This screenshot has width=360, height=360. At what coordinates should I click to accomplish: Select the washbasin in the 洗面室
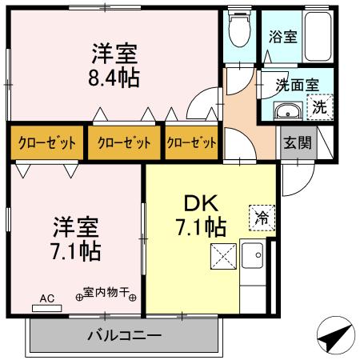(x=288, y=110)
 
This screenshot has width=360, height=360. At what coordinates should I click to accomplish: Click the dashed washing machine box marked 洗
(x=320, y=107)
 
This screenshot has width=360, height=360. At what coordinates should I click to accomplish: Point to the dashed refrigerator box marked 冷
(x=262, y=218)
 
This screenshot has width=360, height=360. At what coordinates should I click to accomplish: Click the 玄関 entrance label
(x=298, y=142)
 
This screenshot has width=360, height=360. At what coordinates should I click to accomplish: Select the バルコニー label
(x=124, y=335)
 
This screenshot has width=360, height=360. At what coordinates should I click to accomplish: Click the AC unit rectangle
(x=47, y=308)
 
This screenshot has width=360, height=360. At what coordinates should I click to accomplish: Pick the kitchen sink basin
(x=252, y=255)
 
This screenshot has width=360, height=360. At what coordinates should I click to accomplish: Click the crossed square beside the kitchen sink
(x=223, y=256)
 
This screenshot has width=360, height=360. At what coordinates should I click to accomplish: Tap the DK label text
(x=201, y=204)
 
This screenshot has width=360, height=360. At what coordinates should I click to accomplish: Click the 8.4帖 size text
(x=114, y=78)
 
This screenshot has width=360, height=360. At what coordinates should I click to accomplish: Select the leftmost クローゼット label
(x=46, y=143)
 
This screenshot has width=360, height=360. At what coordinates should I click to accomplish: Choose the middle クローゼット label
(x=124, y=143)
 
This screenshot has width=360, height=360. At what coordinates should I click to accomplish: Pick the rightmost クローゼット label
(x=191, y=143)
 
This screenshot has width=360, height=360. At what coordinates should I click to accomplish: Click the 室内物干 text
(x=106, y=293)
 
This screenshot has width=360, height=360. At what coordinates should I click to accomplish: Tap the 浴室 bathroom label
(x=282, y=37)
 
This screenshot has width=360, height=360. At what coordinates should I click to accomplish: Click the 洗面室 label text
(x=297, y=85)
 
